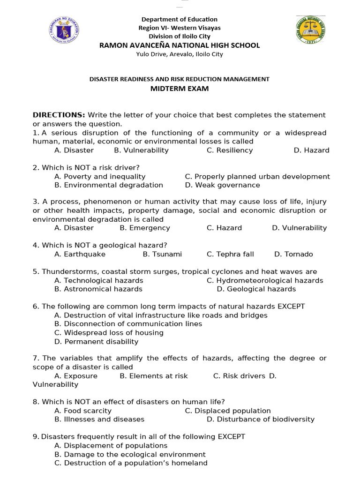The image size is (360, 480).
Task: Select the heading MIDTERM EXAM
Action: tap(180, 89)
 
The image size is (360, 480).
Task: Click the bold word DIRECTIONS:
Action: tap(59, 115)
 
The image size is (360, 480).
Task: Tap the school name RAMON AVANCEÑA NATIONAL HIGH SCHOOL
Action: tap(180, 45)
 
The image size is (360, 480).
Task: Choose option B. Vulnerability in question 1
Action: tap(141, 150)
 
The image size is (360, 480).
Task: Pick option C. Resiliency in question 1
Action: tap(230, 150)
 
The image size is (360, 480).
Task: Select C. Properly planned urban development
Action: tap(257, 177)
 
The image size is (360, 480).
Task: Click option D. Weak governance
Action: tap(222, 185)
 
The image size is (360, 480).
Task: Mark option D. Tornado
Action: tap(293, 254)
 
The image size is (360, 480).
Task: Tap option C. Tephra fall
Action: tap(230, 254)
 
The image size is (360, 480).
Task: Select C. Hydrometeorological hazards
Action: tap(265, 280)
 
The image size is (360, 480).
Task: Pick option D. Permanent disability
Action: tap(97, 342)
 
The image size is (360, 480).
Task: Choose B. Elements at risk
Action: tap(154, 376)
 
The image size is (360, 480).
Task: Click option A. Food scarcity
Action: tap(83, 411)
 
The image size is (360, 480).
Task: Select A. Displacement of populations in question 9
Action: tap(111, 446)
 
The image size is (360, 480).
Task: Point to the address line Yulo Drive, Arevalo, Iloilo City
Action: tap(180, 54)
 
